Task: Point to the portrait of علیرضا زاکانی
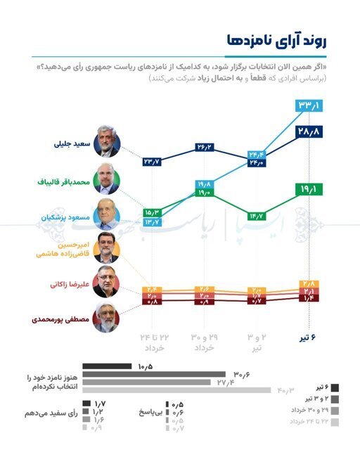pos(107,283)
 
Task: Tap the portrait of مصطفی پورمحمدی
pos(107,318)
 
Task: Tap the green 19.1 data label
pos(309,189)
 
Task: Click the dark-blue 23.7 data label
pos(152,162)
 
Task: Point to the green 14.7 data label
pos(256,215)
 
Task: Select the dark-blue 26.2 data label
pos(205,148)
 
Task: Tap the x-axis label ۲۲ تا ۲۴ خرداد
pos(152,343)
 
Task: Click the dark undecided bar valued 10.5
pos(107,366)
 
